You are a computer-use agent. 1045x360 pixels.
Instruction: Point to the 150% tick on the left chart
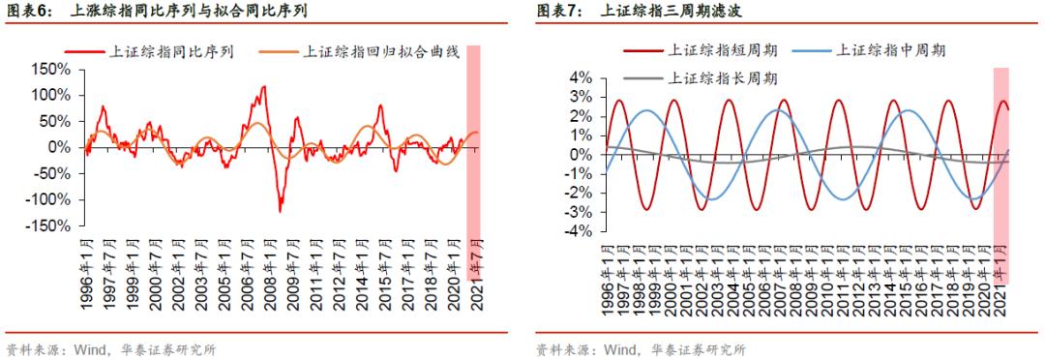[x=50, y=70]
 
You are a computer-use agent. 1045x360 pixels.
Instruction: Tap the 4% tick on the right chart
[x=580, y=77]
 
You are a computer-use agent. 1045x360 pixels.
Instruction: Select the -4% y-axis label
[x=577, y=232]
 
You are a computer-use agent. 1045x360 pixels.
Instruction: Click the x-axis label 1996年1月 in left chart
[x=87, y=274]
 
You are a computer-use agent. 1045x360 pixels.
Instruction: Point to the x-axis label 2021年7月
[x=474, y=274]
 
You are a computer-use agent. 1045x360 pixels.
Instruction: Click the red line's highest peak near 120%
[x=264, y=86]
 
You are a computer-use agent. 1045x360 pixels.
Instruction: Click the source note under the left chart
[x=111, y=349]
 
